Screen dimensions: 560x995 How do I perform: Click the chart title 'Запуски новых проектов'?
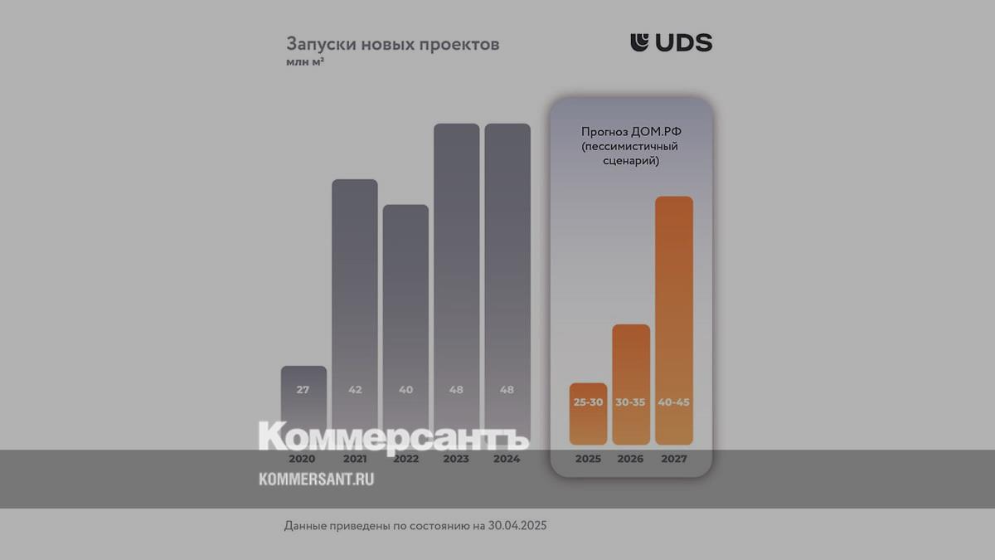(x=392, y=44)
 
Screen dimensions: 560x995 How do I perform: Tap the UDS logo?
(x=671, y=42)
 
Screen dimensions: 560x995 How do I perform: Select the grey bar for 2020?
(x=303, y=407)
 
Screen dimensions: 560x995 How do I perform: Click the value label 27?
(x=303, y=389)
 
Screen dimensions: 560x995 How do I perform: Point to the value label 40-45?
(x=674, y=402)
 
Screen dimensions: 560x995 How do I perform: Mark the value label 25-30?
(x=588, y=402)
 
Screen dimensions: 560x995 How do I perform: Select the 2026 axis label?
(x=631, y=459)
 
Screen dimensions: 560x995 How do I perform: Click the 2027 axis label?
(x=674, y=459)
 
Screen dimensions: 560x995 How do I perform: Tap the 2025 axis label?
(x=588, y=459)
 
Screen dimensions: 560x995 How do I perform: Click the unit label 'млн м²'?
(x=305, y=62)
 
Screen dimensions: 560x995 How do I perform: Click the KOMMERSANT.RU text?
(x=316, y=479)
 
